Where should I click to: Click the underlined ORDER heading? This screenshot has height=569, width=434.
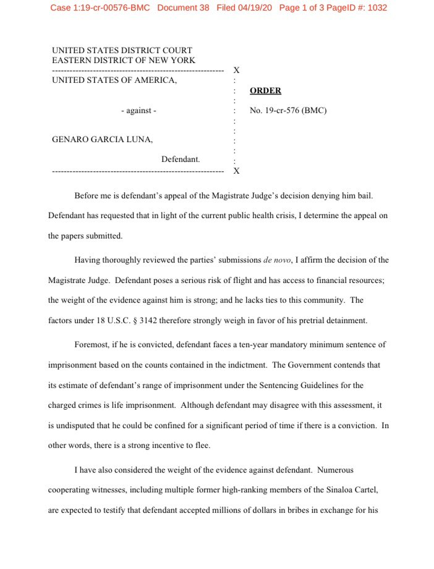pos(265,91)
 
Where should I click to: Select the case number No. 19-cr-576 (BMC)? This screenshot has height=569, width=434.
pos(287,111)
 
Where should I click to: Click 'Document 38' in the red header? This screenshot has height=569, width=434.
pos(184,8)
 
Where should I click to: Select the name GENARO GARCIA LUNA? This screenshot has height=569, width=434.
pos(102,140)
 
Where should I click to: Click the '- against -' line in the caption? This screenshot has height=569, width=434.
pos(138,111)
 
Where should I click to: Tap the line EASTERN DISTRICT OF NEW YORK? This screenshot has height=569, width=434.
pos(124,61)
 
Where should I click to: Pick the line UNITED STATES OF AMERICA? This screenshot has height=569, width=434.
pos(114,80)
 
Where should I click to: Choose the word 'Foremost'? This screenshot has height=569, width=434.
pos(93,344)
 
